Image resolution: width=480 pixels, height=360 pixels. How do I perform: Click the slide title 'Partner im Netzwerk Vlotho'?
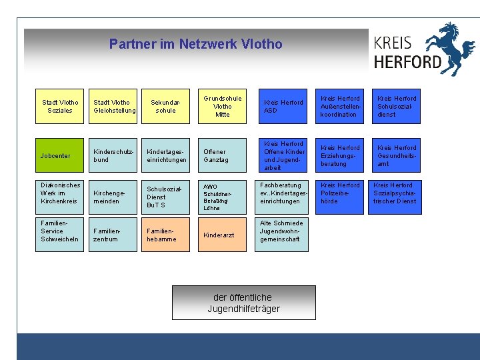(x=195, y=45)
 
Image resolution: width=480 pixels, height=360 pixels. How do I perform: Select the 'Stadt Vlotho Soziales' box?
(x=60, y=107)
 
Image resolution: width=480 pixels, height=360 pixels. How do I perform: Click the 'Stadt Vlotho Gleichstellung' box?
(x=114, y=107)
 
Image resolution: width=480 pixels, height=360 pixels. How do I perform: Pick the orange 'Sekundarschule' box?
(x=166, y=107)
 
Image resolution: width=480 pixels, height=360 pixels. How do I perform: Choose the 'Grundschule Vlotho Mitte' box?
(x=223, y=107)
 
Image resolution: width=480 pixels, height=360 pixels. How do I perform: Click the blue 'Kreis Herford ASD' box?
(x=282, y=107)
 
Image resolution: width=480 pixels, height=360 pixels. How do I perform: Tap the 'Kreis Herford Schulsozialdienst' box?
(x=397, y=107)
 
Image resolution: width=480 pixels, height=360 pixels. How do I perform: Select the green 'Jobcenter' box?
(x=60, y=156)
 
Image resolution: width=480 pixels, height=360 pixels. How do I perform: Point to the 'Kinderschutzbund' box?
(x=114, y=156)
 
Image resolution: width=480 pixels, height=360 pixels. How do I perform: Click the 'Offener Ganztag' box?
(x=223, y=156)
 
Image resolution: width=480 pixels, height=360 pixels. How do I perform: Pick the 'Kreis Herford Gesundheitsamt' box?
(x=397, y=156)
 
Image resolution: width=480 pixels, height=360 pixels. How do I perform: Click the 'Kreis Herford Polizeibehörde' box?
(x=339, y=193)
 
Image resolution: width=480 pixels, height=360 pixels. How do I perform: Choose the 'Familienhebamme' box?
(x=166, y=235)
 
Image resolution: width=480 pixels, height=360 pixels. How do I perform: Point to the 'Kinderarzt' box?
(x=223, y=235)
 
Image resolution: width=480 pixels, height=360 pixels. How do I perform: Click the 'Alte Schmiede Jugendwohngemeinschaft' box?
(x=282, y=231)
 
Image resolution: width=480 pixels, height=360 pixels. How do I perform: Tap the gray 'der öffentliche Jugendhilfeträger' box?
(x=243, y=303)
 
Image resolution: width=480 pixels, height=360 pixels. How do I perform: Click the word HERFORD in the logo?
(x=407, y=62)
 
